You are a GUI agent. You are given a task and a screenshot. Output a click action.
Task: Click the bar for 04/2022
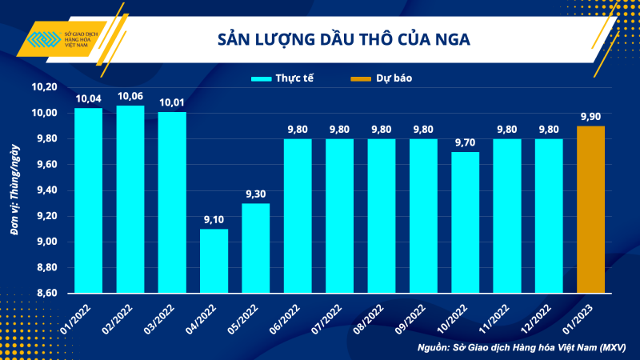pyautogui.click(x=214, y=261)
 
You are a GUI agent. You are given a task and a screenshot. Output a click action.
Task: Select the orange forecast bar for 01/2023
pyautogui.click(x=590, y=210)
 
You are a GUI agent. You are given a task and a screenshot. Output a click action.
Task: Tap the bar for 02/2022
pyautogui.click(x=130, y=199)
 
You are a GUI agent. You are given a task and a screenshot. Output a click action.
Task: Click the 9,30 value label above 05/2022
pyautogui.click(x=255, y=194)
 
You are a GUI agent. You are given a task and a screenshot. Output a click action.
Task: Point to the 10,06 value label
pyautogui.click(x=130, y=97)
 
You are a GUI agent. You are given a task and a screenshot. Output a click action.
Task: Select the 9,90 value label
pyautogui.click(x=590, y=117)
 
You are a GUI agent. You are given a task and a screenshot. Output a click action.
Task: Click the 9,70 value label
pyautogui.click(x=465, y=142)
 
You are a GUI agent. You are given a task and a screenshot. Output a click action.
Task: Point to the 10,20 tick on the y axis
pyautogui.click(x=45, y=86)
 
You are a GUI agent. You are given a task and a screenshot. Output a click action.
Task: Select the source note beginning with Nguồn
pyautogui.click(x=521, y=347)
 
